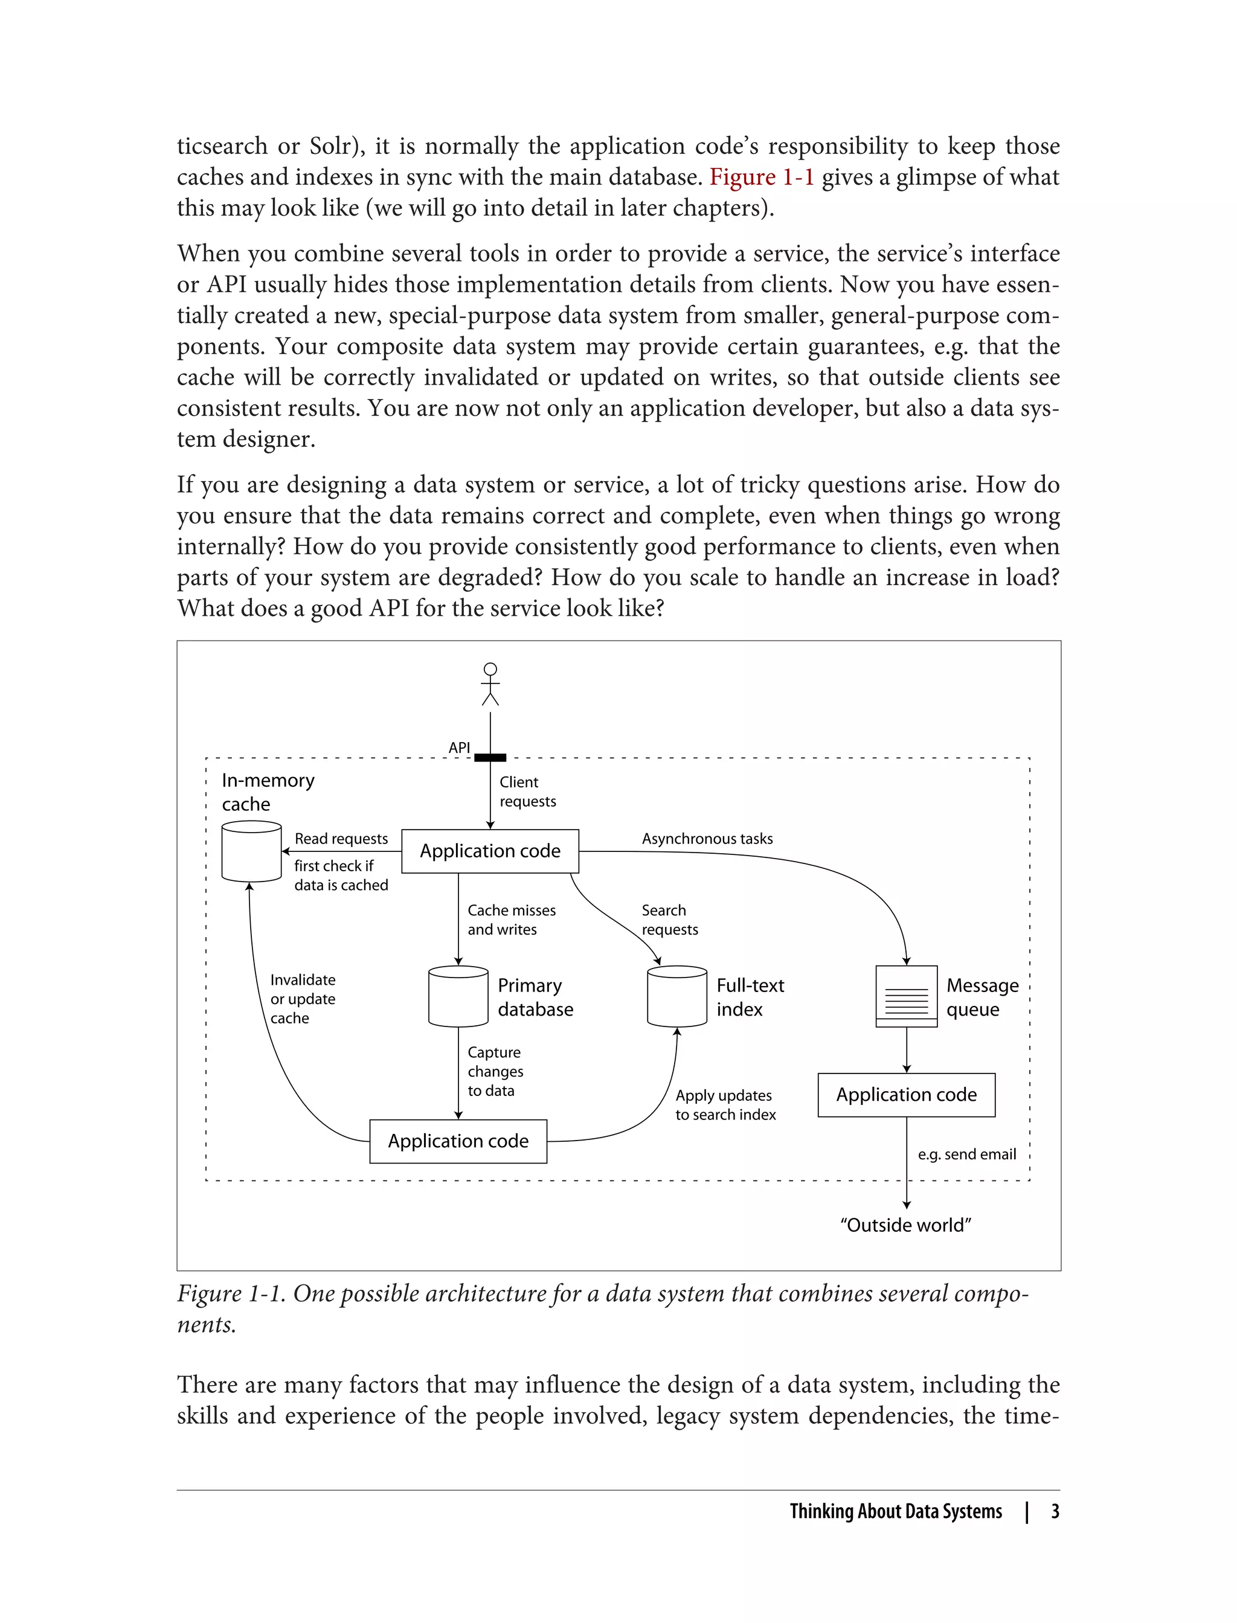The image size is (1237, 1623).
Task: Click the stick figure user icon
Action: pos(490,683)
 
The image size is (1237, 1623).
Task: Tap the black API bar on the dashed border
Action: pos(490,757)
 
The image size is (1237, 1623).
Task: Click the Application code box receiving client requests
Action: pos(490,851)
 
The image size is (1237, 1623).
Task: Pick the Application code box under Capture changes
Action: pos(458,1141)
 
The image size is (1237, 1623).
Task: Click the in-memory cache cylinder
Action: pos(251,851)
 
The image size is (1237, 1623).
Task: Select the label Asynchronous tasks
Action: pos(707,838)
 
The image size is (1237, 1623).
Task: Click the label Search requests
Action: pos(669,920)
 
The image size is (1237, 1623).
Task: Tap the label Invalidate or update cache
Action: pos(302,999)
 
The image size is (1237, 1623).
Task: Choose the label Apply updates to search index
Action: pos(725,1105)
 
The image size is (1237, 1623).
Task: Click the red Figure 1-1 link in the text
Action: pos(761,178)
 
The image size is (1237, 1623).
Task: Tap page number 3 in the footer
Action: pos(1055,1511)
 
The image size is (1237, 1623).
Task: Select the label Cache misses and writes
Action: pos(511,920)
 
